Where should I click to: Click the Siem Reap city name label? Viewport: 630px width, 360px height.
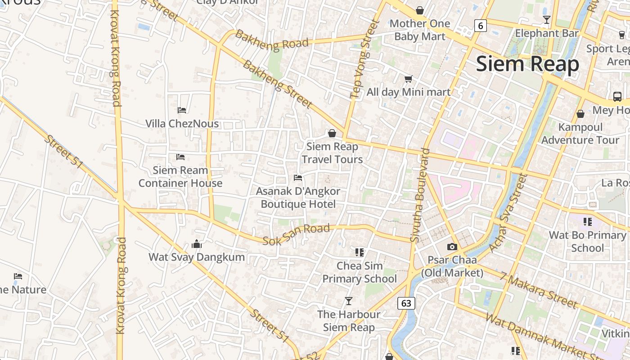[527, 64]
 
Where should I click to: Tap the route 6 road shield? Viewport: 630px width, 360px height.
[481, 26]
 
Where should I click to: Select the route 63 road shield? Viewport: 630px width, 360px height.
[406, 303]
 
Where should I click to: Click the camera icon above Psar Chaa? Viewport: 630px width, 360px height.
[452, 247]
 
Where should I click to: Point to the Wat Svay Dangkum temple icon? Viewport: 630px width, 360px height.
[197, 244]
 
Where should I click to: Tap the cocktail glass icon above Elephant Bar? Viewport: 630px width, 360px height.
[547, 20]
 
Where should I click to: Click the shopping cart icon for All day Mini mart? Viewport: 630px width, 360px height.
[408, 79]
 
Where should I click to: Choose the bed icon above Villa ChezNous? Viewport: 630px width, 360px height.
[182, 110]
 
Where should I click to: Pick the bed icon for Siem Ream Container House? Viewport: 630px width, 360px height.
[180, 157]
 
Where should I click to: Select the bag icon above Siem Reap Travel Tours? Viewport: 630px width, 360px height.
[332, 133]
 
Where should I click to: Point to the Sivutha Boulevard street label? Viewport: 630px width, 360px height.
[420, 196]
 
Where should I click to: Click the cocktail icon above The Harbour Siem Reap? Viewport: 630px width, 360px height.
[348, 301]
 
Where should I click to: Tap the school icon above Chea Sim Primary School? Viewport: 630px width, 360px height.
[359, 252]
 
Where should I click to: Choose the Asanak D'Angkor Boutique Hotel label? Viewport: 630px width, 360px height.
[298, 198]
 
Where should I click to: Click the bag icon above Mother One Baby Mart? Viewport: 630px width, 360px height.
[420, 10]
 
